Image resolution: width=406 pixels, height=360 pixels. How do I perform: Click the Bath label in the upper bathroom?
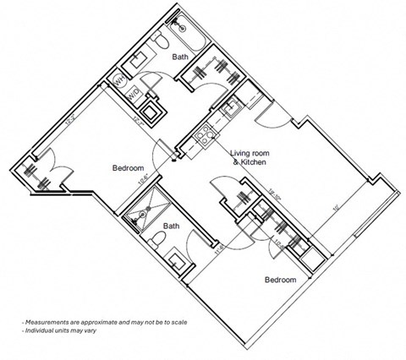180,57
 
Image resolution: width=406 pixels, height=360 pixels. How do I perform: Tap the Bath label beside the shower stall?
172,226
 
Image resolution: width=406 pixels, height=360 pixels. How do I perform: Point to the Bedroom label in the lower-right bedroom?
280,280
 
